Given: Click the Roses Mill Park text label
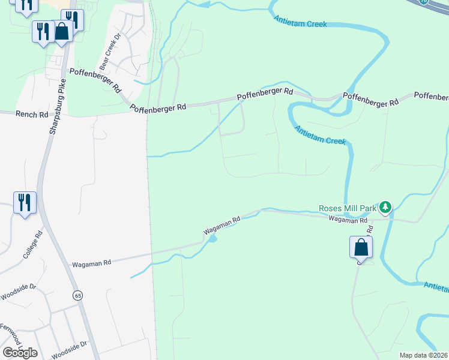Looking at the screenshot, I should coord(346,208).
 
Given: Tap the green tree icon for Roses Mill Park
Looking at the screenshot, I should coord(385,208).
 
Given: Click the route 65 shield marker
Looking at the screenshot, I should coord(77,295).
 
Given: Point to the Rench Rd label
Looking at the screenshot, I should coord(31,113).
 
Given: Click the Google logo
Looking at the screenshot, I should coord(20,352).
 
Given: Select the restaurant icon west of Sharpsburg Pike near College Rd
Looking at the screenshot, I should coord(25,203).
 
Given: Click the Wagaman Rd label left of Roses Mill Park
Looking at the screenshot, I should coord(221,225).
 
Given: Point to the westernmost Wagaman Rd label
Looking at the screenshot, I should coord(91,263).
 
